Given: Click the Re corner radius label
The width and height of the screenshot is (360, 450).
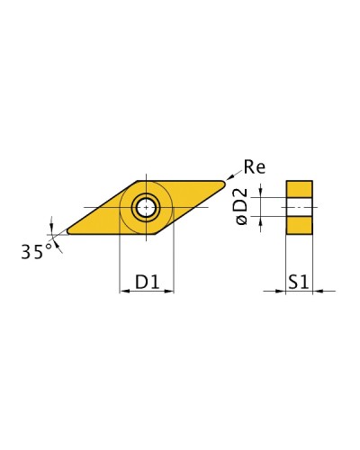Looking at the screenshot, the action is [x=255, y=166].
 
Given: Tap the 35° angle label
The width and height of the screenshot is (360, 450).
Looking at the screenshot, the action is [x=36, y=251].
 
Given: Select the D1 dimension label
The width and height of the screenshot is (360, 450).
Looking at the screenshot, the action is [x=147, y=282].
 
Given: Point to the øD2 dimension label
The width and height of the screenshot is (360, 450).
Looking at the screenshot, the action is [x=242, y=206].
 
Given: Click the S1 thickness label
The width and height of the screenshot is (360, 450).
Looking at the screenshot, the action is [x=299, y=282].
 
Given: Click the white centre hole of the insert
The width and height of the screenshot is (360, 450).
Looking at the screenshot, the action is [x=146, y=207].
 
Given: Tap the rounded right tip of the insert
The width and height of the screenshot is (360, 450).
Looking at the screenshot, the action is [x=222, y=183].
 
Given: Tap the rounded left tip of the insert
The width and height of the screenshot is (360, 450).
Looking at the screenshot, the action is [x=69, y=231].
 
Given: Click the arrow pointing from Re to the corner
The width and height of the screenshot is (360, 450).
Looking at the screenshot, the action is [x=234, y=175].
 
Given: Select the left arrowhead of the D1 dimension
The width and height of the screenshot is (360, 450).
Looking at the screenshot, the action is [x=124, y=291].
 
